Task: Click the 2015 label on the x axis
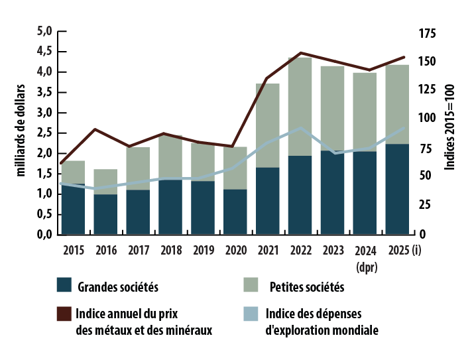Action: click(73, 251)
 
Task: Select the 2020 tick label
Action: click(235, 251)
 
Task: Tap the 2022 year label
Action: click(300, 251)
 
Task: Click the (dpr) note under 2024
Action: click(366, 267)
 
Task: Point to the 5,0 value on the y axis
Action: click(44, 30)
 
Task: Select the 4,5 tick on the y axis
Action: click(44, 51)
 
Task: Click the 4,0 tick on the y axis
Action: click(44, 71)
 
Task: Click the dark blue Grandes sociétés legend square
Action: click(64, 285)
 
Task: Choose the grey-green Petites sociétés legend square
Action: click(251, 285)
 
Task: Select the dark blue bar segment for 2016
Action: click(105, 213)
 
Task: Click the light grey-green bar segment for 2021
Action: click(268, 125)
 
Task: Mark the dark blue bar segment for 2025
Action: click(397, 189)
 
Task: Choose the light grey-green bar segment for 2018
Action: click(170, 156)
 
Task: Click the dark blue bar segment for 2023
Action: click(332, 192)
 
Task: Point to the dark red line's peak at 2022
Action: click(301, 52)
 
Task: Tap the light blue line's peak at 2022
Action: click(301, 128)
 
